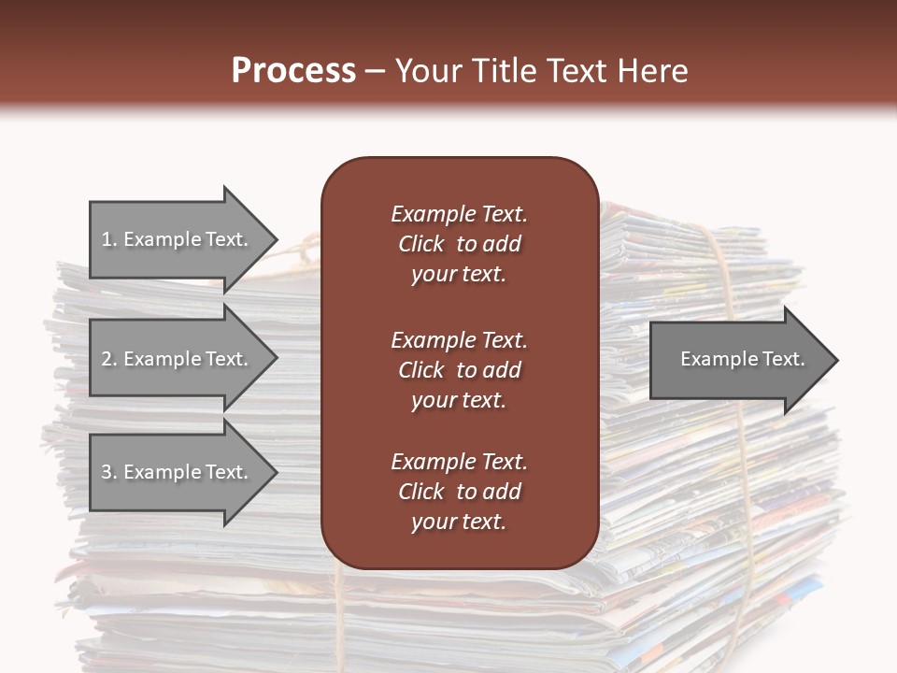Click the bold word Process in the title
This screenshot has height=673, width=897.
(293, 71)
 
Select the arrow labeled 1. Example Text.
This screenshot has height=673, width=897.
(175, 239)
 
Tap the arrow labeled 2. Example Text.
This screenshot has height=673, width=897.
(175, 359)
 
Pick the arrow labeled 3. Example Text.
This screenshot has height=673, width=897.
(175, 472)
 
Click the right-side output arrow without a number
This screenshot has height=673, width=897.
(742, 359)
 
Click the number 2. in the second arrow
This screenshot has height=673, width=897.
(109, 359)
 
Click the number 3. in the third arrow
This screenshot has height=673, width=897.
(109, 472)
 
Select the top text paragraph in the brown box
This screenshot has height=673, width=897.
(459, 244)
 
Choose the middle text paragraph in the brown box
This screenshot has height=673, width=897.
(459, 369)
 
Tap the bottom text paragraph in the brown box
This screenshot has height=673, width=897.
(459, 492)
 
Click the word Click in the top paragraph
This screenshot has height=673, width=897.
(421, 244)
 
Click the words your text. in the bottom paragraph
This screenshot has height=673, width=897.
(459, 522)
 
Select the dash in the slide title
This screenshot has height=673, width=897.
(375, 71)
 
